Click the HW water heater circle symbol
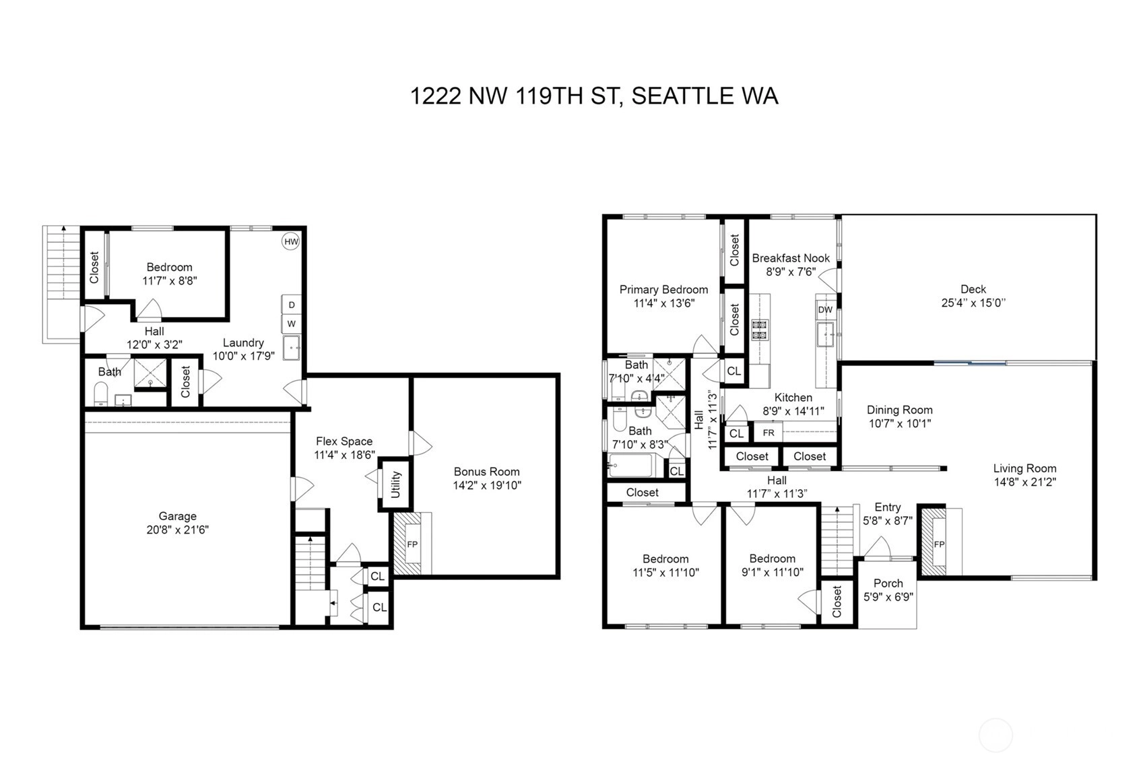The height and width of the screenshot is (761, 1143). point(291,242)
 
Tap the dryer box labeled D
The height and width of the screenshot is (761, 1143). point(292,305)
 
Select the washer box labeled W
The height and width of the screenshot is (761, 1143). point(292,324)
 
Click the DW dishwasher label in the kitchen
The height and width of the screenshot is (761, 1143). point(825,310)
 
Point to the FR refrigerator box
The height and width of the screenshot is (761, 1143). point(769,433)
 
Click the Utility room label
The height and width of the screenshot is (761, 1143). point(396,484)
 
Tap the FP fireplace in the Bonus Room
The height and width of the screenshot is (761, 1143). point(412,544)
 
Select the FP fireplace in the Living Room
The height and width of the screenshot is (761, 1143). point(940,544)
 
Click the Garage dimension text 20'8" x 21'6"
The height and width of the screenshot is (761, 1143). point(178,530)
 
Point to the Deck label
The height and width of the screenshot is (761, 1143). point(973,289)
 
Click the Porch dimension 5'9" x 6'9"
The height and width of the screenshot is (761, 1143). point(888,596)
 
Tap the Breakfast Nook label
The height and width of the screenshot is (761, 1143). point(791,258)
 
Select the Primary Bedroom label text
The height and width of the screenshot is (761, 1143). point(664,289)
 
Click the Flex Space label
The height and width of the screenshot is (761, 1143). point(344,441)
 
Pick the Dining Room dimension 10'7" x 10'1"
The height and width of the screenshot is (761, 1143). point(900,423)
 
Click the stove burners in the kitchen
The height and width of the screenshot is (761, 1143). point(759,329)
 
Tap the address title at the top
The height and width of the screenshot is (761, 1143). point(595,96)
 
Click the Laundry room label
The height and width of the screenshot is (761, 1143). point(243,342)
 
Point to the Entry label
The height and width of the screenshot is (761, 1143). point(888,507)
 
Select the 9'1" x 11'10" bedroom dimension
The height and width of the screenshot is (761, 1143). point(773,572)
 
